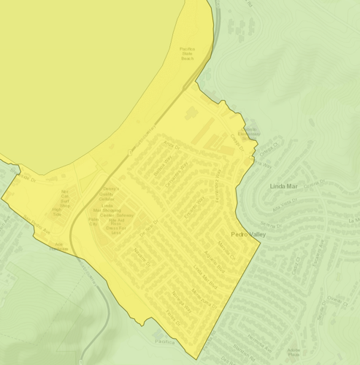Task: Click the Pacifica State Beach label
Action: [x=188, y=52]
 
